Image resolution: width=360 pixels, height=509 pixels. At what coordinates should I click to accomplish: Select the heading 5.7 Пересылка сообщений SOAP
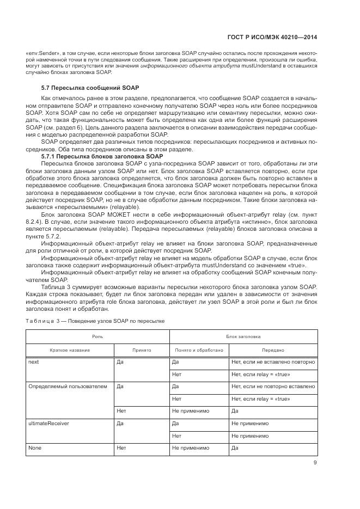point(90,88)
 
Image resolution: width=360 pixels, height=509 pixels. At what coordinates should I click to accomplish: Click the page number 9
point(315,463)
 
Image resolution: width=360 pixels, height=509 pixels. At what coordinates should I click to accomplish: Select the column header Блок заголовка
point(242,338)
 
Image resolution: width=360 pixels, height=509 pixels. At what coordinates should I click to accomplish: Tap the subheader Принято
point(141,350)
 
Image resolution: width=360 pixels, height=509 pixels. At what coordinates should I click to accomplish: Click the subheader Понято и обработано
point(198,350)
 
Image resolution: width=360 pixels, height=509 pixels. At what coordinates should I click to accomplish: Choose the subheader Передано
point(272,350)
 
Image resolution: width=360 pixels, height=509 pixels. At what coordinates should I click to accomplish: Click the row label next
point(33,361)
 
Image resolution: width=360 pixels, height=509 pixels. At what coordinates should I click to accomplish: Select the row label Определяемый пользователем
point(63,387)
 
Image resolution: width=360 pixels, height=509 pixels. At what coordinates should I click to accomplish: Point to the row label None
point(34,448)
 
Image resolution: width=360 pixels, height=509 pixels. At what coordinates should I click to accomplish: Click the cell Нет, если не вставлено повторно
point(273,361)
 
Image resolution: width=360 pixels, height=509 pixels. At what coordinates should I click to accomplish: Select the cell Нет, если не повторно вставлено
point(273,387)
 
